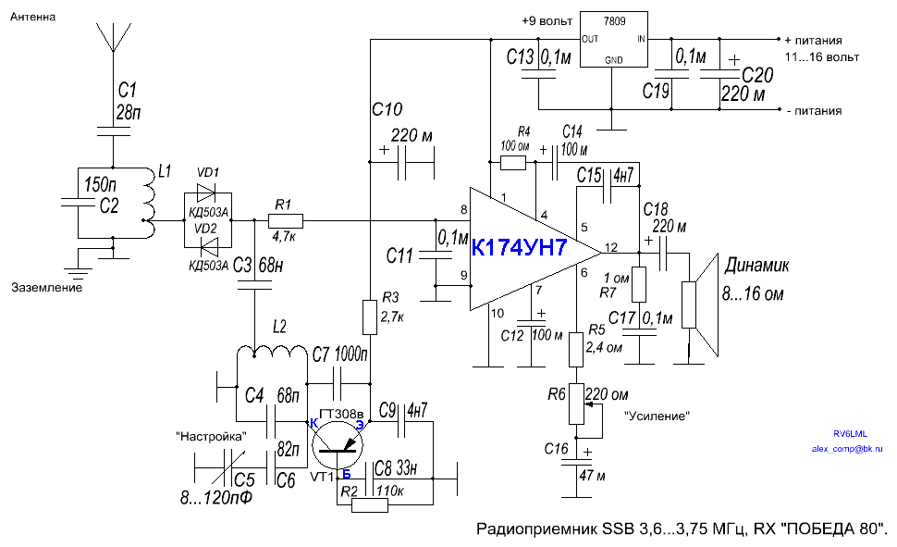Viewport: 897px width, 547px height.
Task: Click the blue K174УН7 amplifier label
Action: [x=531, y=248]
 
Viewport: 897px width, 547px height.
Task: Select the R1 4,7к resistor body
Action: [x=280, y=220]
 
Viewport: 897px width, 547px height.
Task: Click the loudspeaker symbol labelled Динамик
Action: [x=703, y=305]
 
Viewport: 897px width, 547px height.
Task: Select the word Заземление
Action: [x=47, y=288]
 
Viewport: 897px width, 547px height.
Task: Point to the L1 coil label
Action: [x=166, y=171]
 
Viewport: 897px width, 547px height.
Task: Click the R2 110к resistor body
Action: [x=370, y=504]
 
